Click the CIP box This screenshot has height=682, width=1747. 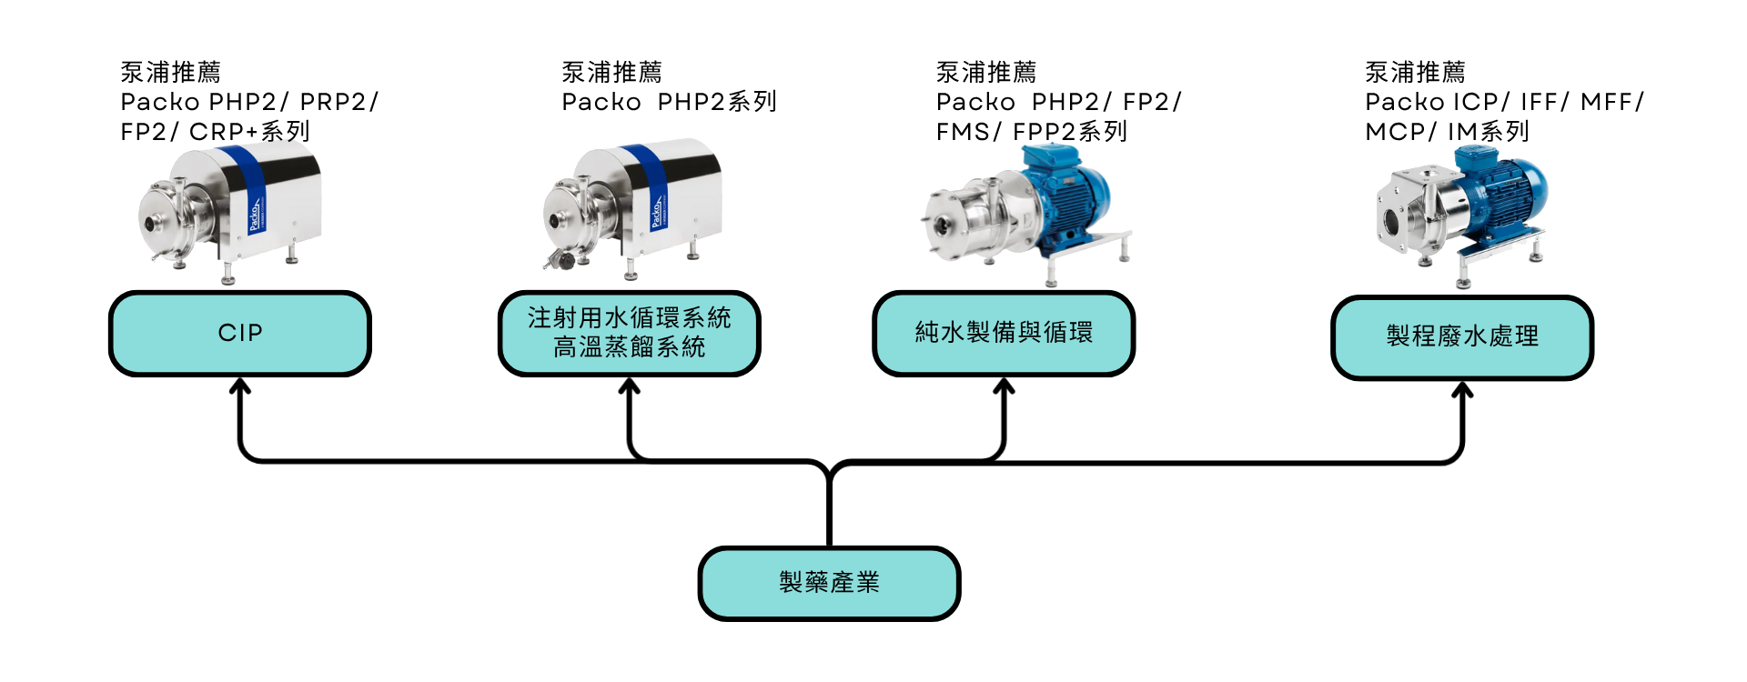click(x=239, y=333)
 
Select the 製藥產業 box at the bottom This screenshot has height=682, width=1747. click(x=829, y=582)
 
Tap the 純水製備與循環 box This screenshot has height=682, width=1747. click(x=1003, y=333)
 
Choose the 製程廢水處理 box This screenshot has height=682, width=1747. click(x=1462, y=336)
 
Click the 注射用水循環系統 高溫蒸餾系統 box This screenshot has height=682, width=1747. click(x=629, y=333)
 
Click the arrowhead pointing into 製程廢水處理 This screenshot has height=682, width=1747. click(x=1462, y=390)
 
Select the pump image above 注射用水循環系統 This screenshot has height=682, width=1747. click(x=632, y=214)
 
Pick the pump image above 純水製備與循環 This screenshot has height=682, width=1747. click(x=1028, y=218)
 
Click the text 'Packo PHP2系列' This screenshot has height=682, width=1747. click(x=668, y=102)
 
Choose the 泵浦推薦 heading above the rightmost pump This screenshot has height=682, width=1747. click(x=1415, y=71)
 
